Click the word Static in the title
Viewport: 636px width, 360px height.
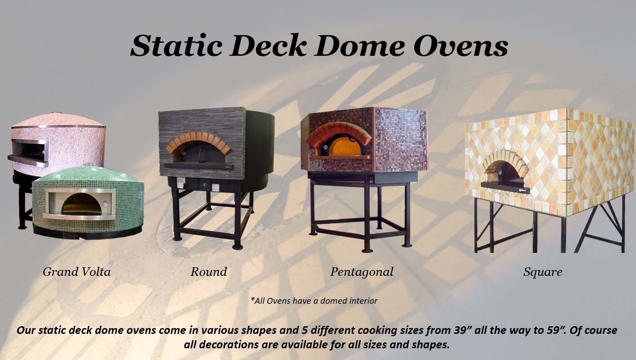click(x=176, y=46)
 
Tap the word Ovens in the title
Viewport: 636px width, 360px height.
click(x=461, y=46)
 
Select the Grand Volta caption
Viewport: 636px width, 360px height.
click(x=76, y=272)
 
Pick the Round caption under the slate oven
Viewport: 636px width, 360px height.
click(x=209, y=272)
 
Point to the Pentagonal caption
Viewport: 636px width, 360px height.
click(x=362, y=272)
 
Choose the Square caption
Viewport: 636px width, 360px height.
click(x=542, y=272)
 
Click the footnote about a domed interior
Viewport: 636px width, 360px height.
click(x=314, y=301)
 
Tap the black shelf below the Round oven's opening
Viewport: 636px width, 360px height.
click(x=198, y=166)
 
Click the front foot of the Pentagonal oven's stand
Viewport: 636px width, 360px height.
click(x=367, y=250)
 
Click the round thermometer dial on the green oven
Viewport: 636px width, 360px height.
click(x=106, y=204)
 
